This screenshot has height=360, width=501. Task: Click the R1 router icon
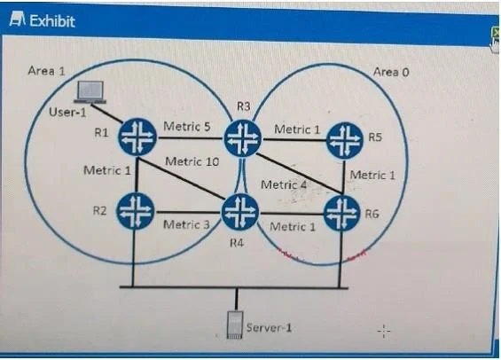(x=137, y=137)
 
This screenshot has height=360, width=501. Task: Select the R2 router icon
(x=135, y=211)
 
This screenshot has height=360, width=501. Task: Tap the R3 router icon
(x=242, y=138)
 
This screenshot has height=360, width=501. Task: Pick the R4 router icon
(x=240, y=212)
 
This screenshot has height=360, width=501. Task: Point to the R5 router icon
(x=345, y=140)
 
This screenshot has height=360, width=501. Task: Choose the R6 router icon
(x=342, y=213)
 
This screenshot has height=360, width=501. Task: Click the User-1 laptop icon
(x=90, y=92)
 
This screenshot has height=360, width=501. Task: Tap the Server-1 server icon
(x=235, y=325)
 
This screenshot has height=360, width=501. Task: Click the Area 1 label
(x=46, y=71)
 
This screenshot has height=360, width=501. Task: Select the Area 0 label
(x=391, y=72)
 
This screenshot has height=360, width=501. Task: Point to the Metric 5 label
(x=187, y=127)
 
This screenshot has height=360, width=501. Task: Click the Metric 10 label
(x=192, y=161)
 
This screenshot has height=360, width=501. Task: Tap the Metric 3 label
(x=186, y=224)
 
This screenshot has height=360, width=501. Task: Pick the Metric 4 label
(x=284, y=184)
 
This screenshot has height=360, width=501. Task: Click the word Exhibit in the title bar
(x=52, y=21)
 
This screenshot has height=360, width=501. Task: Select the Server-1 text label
(x=269, y=328)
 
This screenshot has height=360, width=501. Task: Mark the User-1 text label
(x=67, y=112)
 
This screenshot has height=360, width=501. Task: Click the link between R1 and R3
(x=190, y=138)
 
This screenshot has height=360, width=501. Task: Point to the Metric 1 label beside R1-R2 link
(x=107, y=170)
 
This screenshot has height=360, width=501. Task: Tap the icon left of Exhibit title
(x=17, y=19)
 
